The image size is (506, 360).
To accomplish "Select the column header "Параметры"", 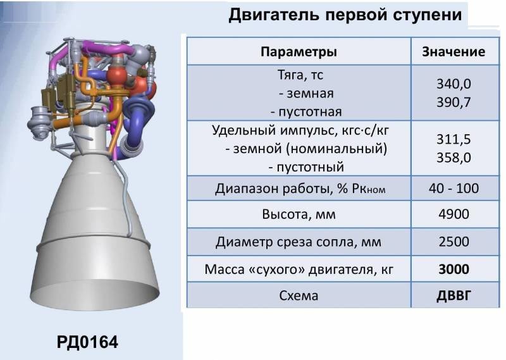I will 299,52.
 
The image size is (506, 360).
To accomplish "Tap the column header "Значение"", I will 454,52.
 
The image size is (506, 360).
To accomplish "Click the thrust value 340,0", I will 454,84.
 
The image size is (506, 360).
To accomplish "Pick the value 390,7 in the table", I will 454,101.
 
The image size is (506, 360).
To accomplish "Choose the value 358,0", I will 454,157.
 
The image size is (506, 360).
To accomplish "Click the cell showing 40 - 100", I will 454,189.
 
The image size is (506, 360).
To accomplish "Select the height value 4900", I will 454,214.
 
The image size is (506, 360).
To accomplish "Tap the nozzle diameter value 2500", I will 454,242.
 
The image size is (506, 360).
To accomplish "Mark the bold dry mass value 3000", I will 454,269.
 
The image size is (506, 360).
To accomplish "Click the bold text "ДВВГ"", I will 454,295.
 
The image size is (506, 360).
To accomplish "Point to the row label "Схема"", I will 299,295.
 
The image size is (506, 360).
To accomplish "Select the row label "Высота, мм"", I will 299,214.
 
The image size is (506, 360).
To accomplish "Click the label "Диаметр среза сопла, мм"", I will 299,242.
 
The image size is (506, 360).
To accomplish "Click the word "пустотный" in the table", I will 306,168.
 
